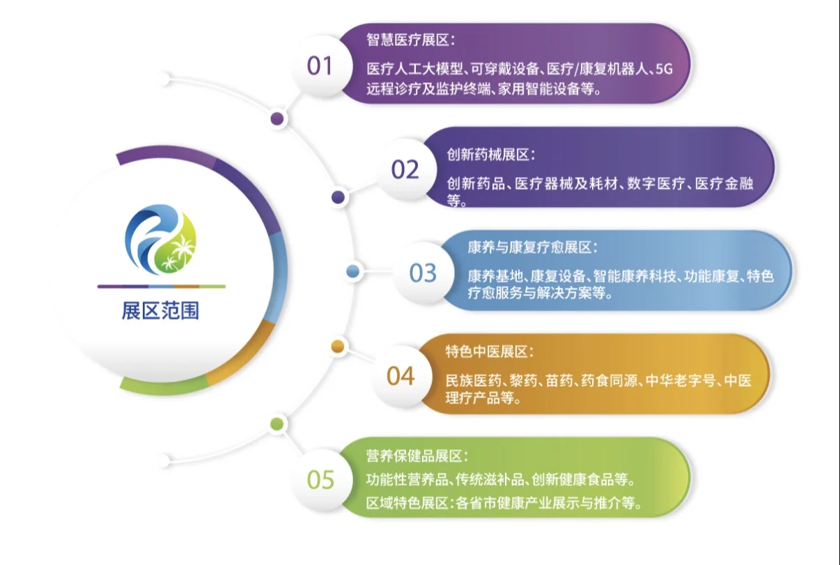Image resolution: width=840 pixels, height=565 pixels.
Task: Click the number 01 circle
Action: pyautogui.click(x=320, y=66)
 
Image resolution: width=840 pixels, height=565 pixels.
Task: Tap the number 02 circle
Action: pyautogui.click(x=405, y=169)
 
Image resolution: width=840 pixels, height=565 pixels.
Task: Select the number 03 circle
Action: pyautogui.click(x=423, y=272)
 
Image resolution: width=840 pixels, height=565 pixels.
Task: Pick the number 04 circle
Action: pyautogui.click(x=400, y=376)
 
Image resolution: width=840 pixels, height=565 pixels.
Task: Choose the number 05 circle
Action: pyautogui.click(x=320, y=479)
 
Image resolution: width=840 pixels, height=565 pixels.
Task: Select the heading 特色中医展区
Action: pyautogui.click(x=490, y=352)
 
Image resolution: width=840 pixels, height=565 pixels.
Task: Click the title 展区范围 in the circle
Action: pyautogui.click(x=160, y=311)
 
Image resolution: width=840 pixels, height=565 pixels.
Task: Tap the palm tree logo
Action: pyautogui.click(x=161, y=238)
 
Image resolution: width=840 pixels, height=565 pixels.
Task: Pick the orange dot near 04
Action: pyautogui.click(x=338, y=346)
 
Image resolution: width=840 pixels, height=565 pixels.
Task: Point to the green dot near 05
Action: pyautogui.click(x=277, y=424)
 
